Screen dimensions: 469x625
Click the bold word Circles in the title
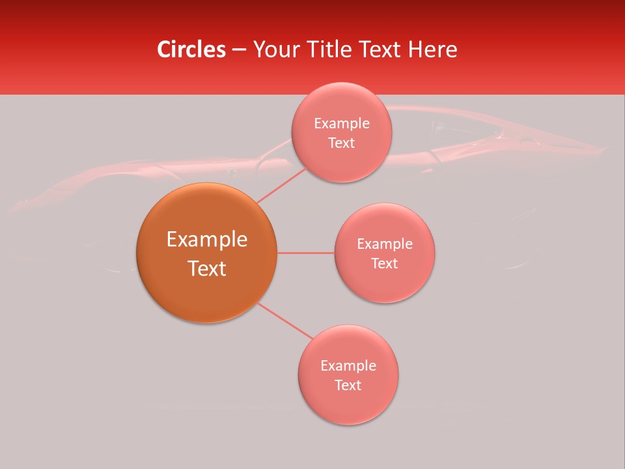(191, 50)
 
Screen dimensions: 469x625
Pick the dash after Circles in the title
(239, 50)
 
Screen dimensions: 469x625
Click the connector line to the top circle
(281, 185)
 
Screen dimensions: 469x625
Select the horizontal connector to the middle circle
(306, 253)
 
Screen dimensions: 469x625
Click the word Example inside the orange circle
(206, 240)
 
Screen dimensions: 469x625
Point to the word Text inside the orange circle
(206, 268)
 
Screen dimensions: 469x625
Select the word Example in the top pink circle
(341, 124)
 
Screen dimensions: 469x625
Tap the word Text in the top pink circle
(341, 143)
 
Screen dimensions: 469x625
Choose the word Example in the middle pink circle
(384, 244)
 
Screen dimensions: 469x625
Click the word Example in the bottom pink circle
(348, 366)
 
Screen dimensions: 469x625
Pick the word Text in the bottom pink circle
(348, 385)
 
